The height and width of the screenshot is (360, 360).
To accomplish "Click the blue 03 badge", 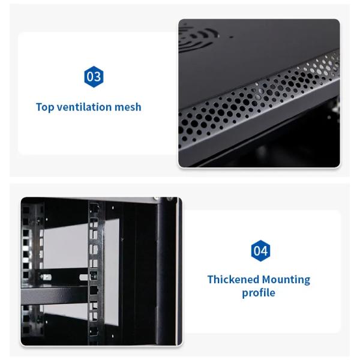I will tap(94, 77).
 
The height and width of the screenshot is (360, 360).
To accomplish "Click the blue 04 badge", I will tap(260, 251).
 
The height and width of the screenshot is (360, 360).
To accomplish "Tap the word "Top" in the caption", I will tap(45, 107).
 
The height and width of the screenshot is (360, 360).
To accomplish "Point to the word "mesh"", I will tap(129, 107).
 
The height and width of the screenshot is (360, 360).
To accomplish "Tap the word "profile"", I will tap(259, 293).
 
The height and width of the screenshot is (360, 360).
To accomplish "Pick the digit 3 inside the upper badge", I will tap(97, 77).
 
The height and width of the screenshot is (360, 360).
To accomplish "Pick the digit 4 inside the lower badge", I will tap(263, 251).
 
